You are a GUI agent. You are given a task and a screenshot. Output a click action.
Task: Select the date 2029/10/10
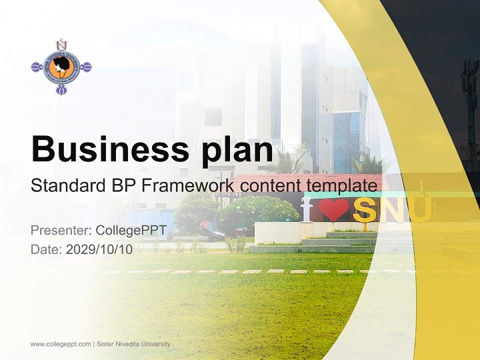[x=99, y=249]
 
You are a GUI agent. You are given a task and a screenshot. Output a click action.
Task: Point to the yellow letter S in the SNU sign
[x=364, y=210]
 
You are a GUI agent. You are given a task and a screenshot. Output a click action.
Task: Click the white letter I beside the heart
[x=306, y=209]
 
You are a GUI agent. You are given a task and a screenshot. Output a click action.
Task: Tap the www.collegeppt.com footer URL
[x=60, y=344]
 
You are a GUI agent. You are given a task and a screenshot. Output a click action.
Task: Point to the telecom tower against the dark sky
[x=469, y=100]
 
